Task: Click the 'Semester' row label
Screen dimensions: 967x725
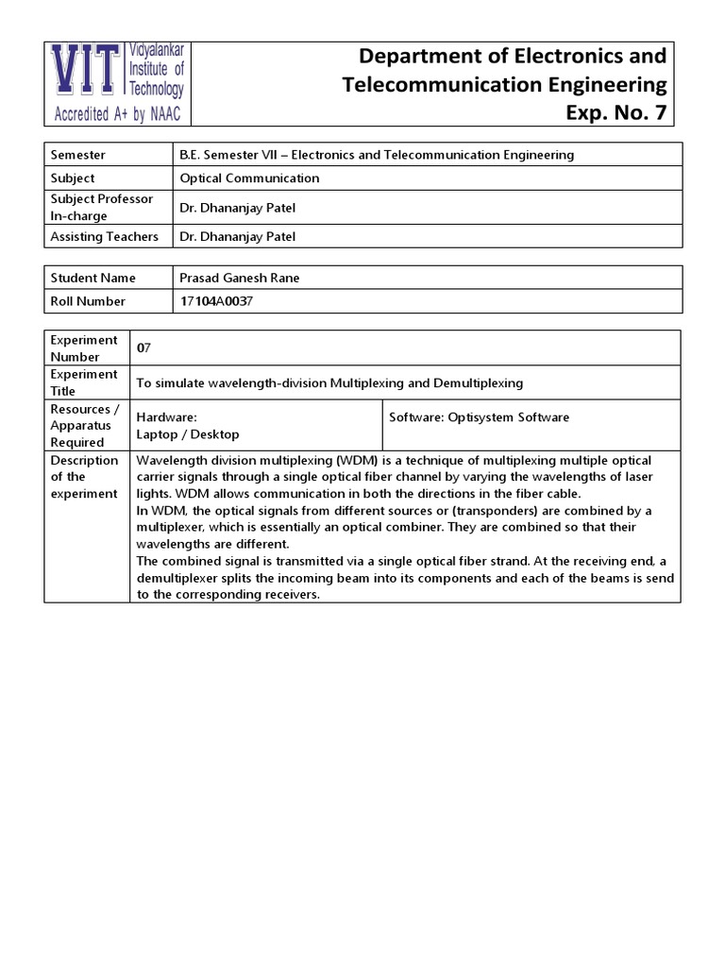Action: [79, 155]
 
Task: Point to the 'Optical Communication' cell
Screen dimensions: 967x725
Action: [249, 178]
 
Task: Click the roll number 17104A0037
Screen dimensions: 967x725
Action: [217, 301]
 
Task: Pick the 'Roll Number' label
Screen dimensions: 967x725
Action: [89, 301]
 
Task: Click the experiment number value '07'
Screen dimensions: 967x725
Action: [143, 348]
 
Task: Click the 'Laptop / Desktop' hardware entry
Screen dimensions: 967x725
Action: [188, 434]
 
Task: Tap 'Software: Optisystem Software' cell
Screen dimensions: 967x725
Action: [480, 417]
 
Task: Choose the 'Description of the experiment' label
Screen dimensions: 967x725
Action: [85, 477]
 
